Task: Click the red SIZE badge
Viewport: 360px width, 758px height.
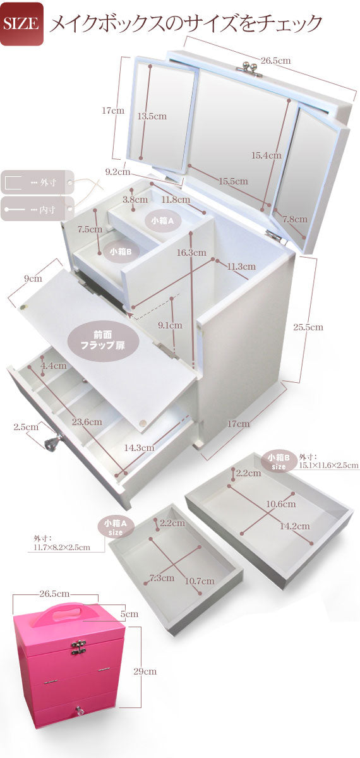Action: [x=21, y=23]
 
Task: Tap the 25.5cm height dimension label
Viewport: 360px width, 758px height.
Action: [x=308, y=327]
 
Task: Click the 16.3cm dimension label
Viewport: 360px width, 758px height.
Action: [x=191, y=253]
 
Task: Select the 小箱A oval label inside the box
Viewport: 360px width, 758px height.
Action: [x=162, y=221]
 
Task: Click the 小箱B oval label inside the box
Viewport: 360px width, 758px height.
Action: [x=121, y=252]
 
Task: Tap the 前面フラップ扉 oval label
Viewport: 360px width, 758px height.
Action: [x=104, y=340]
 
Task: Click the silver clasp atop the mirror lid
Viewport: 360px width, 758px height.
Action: [x=246, y=65]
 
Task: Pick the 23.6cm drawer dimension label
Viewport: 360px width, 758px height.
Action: [x=87, y=422]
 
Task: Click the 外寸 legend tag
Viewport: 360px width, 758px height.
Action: [x=37, y=183]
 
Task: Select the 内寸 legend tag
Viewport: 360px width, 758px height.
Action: [x=37, y=209]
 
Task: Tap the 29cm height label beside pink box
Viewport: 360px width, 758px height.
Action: [x=145, y=671]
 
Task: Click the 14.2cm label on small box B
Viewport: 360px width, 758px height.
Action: [x=294, y=526]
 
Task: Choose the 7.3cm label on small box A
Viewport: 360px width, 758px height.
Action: [x=162, y=577]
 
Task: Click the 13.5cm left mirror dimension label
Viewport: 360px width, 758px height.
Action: [x=152, y=116]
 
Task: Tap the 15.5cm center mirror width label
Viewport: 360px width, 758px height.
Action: [x=233, y=181]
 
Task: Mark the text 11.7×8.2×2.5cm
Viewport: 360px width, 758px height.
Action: [x=62, y=547]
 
